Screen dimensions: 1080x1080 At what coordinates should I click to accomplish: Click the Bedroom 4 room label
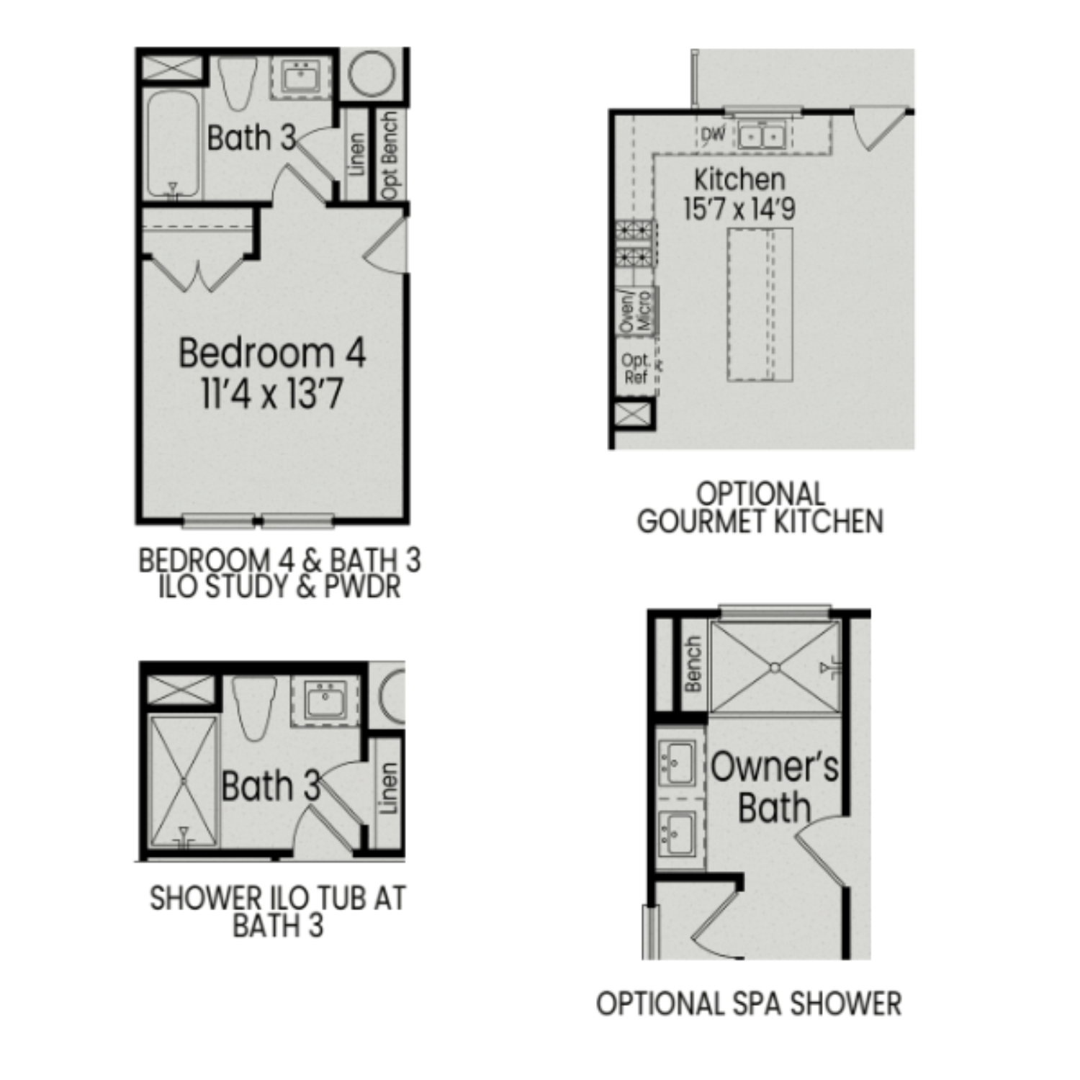pyautogui.click(x=271, y=353)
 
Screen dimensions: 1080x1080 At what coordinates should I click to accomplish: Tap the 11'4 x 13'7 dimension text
pyautogui.click(x=271, y=394)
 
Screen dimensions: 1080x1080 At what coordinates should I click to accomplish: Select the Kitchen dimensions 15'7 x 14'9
pyautogui.click(x=739, y=210)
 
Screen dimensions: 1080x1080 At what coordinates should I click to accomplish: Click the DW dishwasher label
pyautogui.click(x=713, y=134)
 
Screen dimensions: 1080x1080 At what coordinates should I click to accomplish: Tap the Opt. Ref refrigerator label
pyautogui.click(x=636, y=369)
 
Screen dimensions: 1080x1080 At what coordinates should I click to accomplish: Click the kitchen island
pyautogui.click(x=760, y=304)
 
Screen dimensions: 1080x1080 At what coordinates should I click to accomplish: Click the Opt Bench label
pyautogui.click(x=390, y=155)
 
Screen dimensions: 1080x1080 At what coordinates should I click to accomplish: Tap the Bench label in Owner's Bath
pyautogui.click(x=693, y=664)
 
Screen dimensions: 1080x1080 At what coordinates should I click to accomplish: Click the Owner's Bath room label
pyautogui.click(x=775, y=786)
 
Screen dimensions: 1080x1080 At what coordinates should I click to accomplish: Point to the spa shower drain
pyautogui.click(x=775, y=667)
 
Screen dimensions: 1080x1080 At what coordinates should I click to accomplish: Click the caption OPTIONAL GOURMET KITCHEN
pyautogui.click(x=760, y=508)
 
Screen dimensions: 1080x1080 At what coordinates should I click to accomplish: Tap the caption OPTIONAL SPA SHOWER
pyautogui.click(x=749, y=1003)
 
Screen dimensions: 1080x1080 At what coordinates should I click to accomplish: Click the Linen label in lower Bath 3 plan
pyautogui.click(x=388, y=788)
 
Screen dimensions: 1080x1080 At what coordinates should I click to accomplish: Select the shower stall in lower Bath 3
pyautogui.click(x=183, y=780)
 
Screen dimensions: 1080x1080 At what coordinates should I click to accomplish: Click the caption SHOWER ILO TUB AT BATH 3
pyautogui.click(x=277, y=912)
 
